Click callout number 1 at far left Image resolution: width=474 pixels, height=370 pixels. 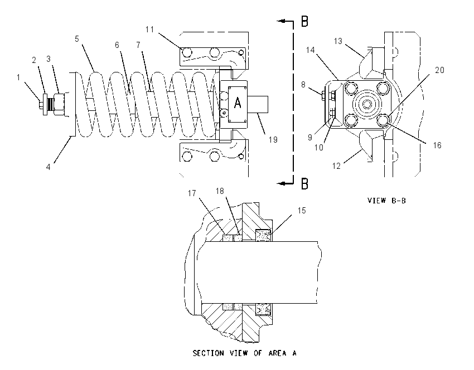point(18,77)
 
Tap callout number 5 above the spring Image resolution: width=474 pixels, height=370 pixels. point(77,39)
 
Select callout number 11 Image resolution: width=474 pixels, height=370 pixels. point(149,30)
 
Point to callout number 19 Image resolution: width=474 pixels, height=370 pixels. point(273,139)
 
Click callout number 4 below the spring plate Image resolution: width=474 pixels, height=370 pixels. point(49,167)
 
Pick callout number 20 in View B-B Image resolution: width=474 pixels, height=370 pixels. point(439,70)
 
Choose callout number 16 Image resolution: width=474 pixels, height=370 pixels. point(437,145)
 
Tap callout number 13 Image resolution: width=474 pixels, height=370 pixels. point(338,41)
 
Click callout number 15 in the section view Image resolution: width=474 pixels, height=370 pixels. point(302,211)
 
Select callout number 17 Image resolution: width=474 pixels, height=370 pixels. point(192,193)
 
